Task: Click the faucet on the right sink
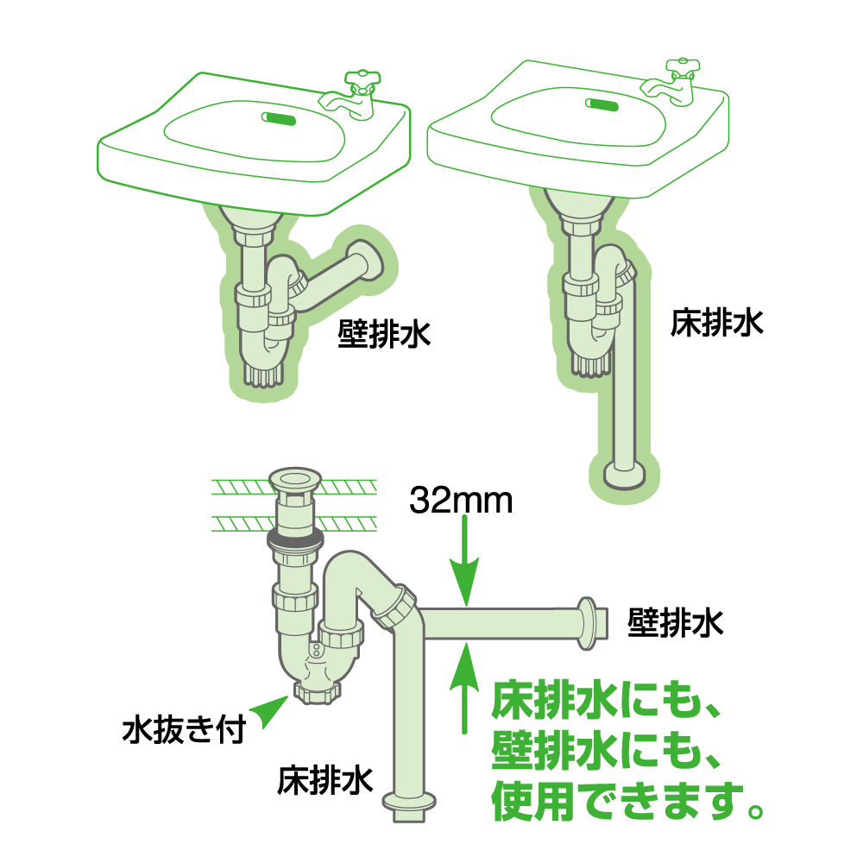(672, 83)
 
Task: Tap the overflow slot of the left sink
(279, 118)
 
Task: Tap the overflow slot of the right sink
(602, 104)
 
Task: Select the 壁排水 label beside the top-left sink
(384, 333)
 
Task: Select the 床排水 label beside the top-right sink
(716, 323)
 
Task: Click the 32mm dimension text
(461, 501)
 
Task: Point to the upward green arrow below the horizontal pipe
(465, 688)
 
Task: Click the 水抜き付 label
(184, 730)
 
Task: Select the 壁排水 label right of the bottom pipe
(676, 623)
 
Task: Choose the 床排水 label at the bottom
(324, 780)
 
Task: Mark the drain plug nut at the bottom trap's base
(318, 692)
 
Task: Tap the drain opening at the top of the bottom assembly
(294, 479)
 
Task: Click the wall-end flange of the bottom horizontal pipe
(592, 623)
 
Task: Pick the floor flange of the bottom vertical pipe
(410, 806)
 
